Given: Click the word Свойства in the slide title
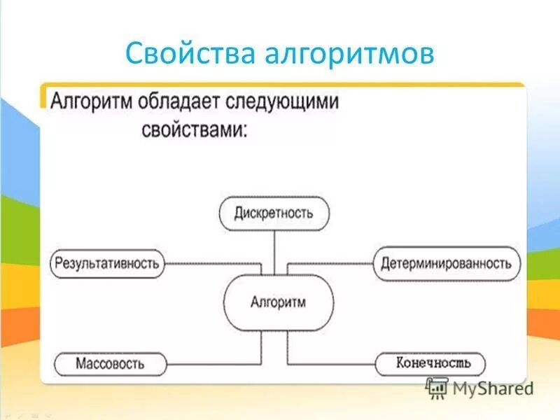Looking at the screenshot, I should (x=183, y=54).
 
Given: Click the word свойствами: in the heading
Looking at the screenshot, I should (x=195, y=130).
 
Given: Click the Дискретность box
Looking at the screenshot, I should (x=274, y=213).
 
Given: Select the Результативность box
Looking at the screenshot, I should (x=107, y=264).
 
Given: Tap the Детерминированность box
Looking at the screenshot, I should (x=446, y=264).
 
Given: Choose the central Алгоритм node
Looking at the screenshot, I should (x=278, y=302).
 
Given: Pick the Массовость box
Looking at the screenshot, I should (x=110, y=364).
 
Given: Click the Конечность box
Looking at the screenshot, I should (x=430, y=363).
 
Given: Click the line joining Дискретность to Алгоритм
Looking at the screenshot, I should (x=274, y=252).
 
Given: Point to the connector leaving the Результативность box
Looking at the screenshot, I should (x=210, y=264).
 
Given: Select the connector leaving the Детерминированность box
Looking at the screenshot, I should (x=329, y=264).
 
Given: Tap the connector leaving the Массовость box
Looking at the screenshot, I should (x=210, y=364).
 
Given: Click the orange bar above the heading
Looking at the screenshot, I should (x=280, y=85).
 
